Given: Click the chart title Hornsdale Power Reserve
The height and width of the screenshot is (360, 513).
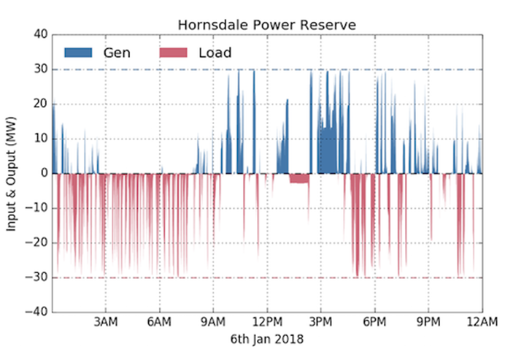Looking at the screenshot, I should point(267,26).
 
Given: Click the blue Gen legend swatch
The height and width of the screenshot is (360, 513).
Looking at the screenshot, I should point(78,53).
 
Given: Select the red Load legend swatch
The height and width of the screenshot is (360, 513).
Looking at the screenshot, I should point(172,53).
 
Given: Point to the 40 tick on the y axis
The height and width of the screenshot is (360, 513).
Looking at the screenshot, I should point(40,34).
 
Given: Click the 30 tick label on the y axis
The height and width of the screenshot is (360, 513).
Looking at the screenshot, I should point(40,69).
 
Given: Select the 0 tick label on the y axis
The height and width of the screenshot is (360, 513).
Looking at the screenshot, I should point(43,173).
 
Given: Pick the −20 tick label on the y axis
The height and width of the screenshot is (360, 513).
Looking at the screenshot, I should point(36,242).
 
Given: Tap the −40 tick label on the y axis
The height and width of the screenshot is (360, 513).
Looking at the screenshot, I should point(36,312).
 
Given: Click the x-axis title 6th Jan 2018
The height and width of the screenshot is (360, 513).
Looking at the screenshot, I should point(267,340).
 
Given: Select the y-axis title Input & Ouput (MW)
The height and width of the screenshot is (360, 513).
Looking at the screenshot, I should point(12,173).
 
